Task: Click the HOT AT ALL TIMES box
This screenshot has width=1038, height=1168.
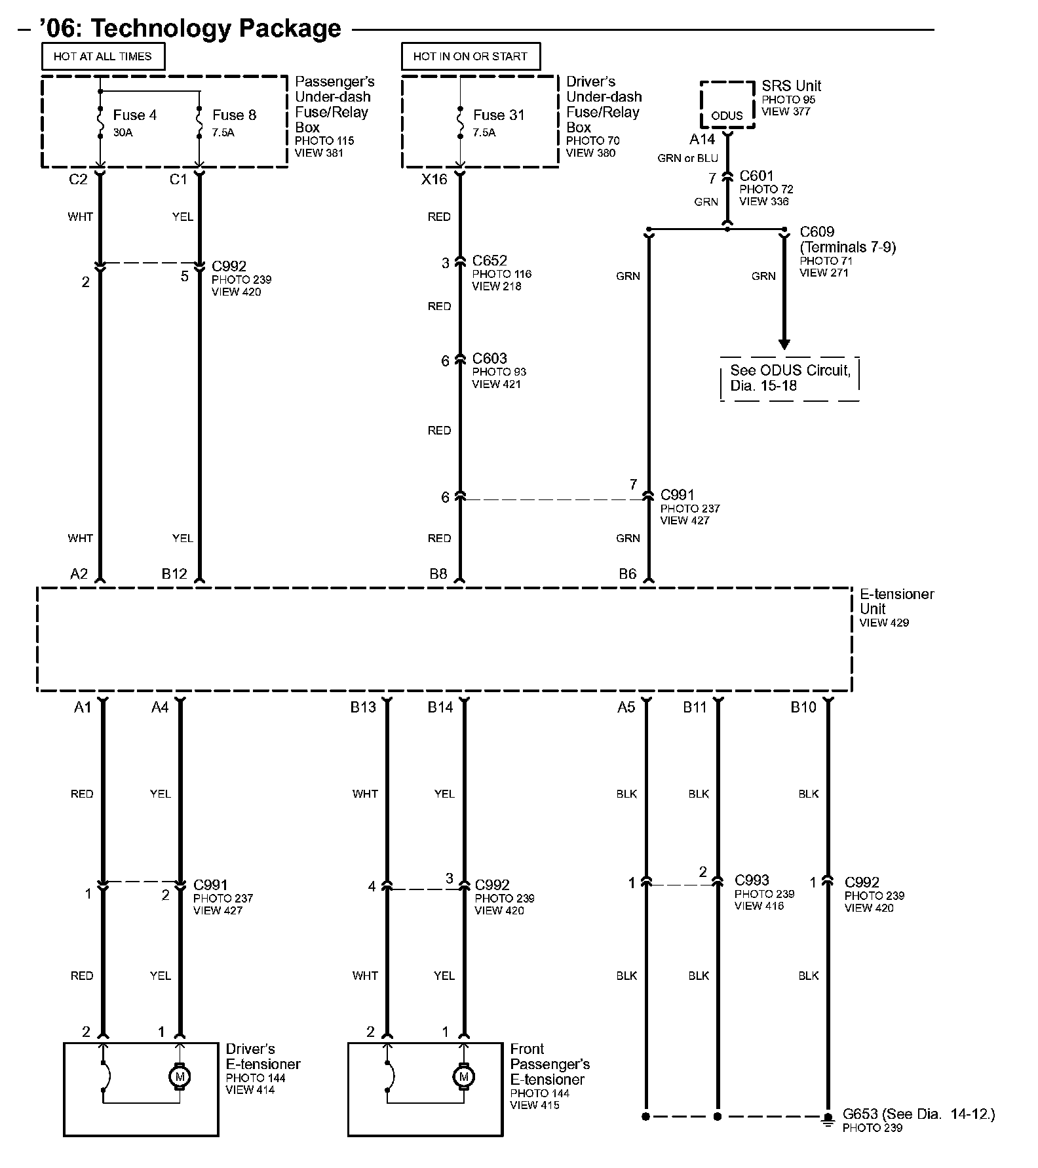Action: tap(103, 56)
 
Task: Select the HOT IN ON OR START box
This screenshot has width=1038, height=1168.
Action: tap(471, 56)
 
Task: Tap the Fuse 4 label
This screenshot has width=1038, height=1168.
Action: tap(134, 115)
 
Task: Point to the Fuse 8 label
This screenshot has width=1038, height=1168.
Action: tap(234, 115)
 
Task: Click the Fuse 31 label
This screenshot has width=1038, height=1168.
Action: tap(499, 115)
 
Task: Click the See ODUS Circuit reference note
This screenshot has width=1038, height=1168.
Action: tap(790, 378)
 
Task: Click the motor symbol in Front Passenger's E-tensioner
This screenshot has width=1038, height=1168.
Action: tap(464, 1076)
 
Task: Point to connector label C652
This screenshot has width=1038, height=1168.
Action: tap(490, 261)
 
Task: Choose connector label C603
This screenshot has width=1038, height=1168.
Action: tap(490, 359)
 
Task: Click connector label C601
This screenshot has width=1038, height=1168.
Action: tap(756, 176)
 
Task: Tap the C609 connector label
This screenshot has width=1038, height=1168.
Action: tap(817, 232)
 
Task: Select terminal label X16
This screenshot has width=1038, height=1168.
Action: tap(434, 180)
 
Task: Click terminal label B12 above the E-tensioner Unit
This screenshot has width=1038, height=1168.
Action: tap(174, 574)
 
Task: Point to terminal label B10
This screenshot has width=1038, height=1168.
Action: tap(803, 707)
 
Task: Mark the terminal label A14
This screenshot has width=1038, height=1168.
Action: tap(702, 140)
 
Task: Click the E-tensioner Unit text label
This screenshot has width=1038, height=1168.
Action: tap(896, 601)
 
